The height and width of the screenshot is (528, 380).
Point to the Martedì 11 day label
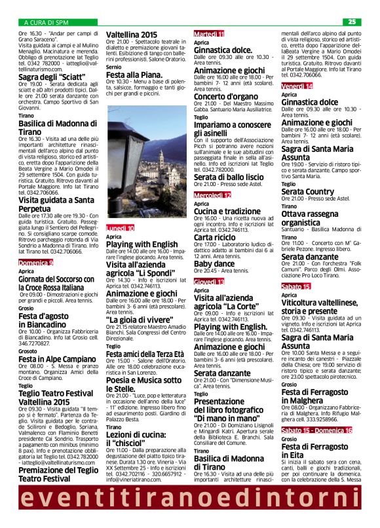click(209, 33)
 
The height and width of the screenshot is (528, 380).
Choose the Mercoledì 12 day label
click(212, 195)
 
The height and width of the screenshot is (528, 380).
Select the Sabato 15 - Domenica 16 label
click(316, 430)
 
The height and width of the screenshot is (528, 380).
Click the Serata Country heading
click(308, 191)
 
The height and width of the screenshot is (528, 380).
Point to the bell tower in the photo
click(161, 160)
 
